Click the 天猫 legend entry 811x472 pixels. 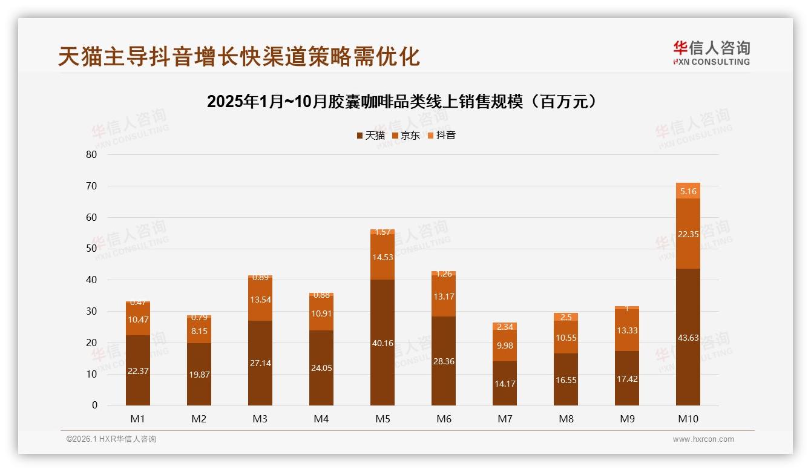(x=370, y=136)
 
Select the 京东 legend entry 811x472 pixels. (x=406, y=136)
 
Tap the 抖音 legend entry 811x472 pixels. (x=442, y=136)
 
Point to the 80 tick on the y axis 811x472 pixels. (x=91, y=154)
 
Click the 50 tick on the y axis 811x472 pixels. (x=91, y=249)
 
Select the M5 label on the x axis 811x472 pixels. (x=382, y=419)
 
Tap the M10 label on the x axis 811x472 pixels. (x=688, y=419)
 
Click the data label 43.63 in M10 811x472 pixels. (x=688, y=338)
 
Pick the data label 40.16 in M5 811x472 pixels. (x=382, y=343)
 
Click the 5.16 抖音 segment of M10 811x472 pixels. (x=688, y=191)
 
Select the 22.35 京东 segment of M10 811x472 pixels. (x=688, y=234)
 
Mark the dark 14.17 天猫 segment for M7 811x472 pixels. (x=504, y=383)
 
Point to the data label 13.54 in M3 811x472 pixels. (x=260, y=300)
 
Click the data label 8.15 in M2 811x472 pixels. (x=199, y=331)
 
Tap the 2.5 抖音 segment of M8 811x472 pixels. (x=565, y=317)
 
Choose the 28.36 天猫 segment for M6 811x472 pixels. (x=443, y=361)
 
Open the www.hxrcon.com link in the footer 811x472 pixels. (x=703, y=439)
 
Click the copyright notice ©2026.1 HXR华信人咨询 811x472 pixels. (x=111, y=439)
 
